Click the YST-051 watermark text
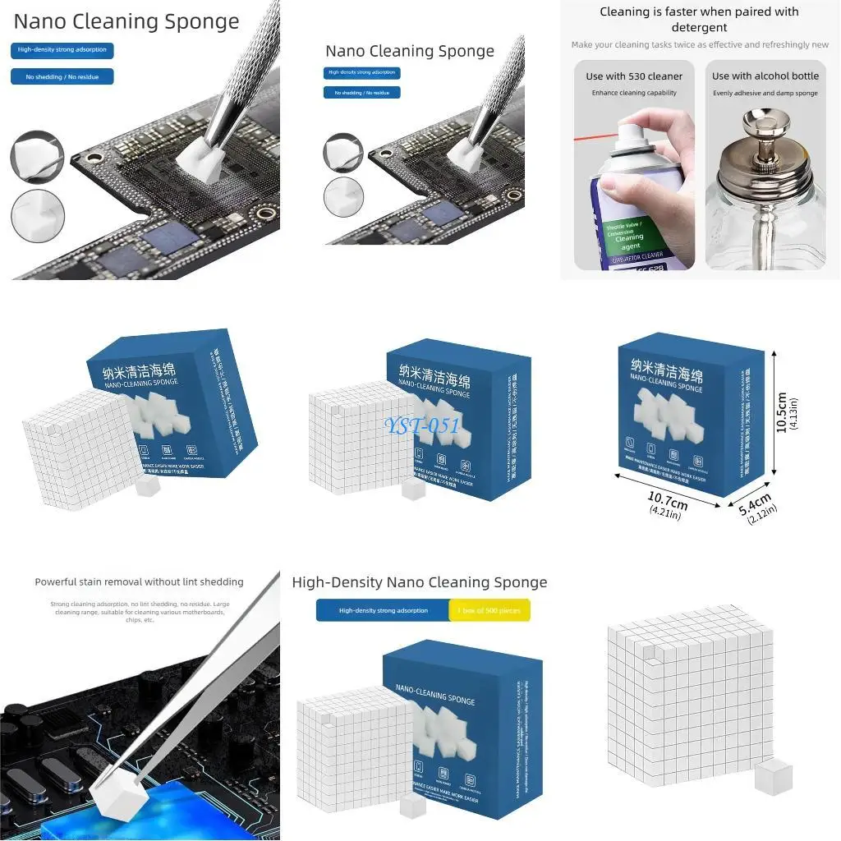tap(422, 425)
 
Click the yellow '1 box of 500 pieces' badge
tap(490, 610)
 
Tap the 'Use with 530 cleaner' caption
tap(634, 76)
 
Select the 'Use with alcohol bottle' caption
tap(765, 76)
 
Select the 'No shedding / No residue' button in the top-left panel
tap(62, 76)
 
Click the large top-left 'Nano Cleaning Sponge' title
tap(126, 22)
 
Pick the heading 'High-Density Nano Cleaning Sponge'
tap(419, 582)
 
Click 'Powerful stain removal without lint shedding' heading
tap(139, 581)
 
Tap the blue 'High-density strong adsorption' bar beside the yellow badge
tap(383, 610)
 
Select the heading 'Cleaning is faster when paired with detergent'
tap(699, 19)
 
